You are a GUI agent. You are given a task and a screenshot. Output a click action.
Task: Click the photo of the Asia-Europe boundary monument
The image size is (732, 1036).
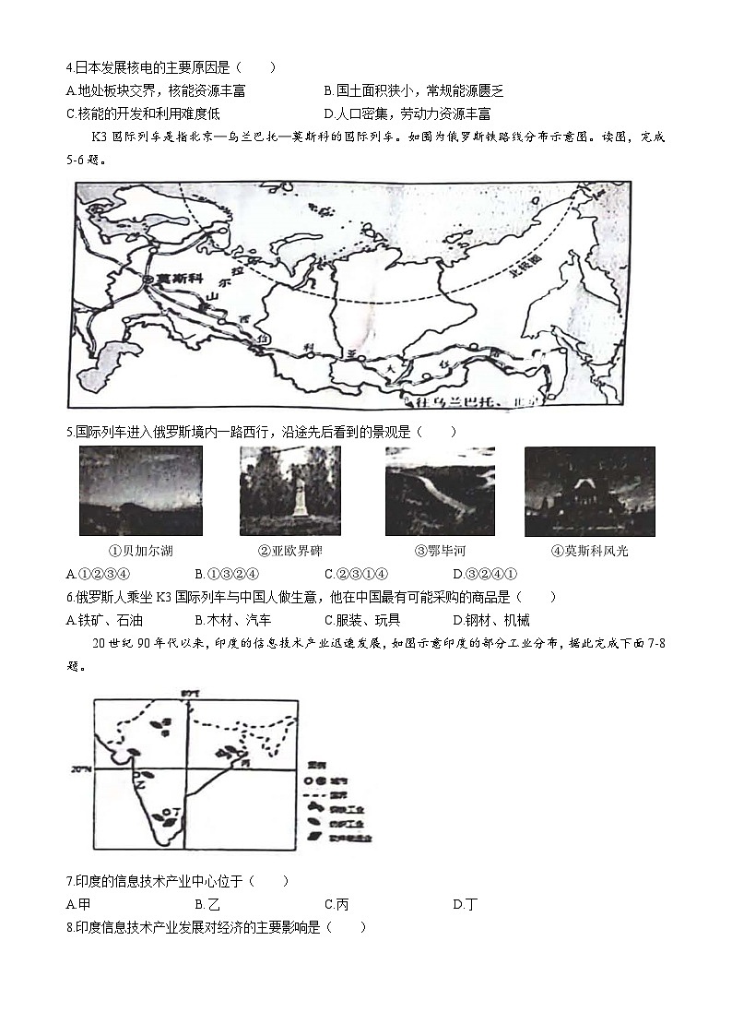(289, 491)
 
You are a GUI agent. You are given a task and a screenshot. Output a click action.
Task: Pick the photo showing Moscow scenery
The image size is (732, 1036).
(589, 491)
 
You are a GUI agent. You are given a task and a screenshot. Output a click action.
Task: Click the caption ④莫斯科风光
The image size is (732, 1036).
(589, 551)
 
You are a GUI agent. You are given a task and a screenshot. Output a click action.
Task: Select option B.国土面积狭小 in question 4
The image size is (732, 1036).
(414, 90)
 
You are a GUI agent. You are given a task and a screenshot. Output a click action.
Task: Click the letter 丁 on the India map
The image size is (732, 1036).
(176, 811)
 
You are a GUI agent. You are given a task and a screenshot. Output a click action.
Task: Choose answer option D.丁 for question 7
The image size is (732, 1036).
(466, 904)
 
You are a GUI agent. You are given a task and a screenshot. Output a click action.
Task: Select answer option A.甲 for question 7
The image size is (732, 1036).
(78, 904)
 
